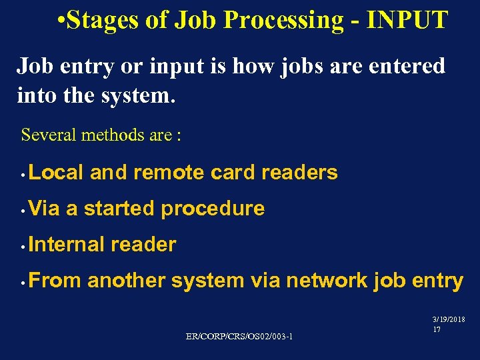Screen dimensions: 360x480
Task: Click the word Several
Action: [x=49, y=135]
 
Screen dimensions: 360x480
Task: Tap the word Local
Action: [x=57, y=173]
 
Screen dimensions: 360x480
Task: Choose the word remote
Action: [x=169, y=173]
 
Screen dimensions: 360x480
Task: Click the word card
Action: [x=233, y=173]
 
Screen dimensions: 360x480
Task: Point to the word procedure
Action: [x=213, y=209]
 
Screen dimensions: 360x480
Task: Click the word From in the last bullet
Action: [x=55, y=281]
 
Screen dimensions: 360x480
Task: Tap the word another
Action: [x=126, y=281]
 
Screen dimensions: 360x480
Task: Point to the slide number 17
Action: [x=437, y=329]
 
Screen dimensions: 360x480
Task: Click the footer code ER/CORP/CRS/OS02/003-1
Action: [x=239, y=336]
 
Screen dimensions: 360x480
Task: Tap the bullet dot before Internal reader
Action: [x=23, y=247]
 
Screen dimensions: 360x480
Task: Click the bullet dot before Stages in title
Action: [x=61, y=21]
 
